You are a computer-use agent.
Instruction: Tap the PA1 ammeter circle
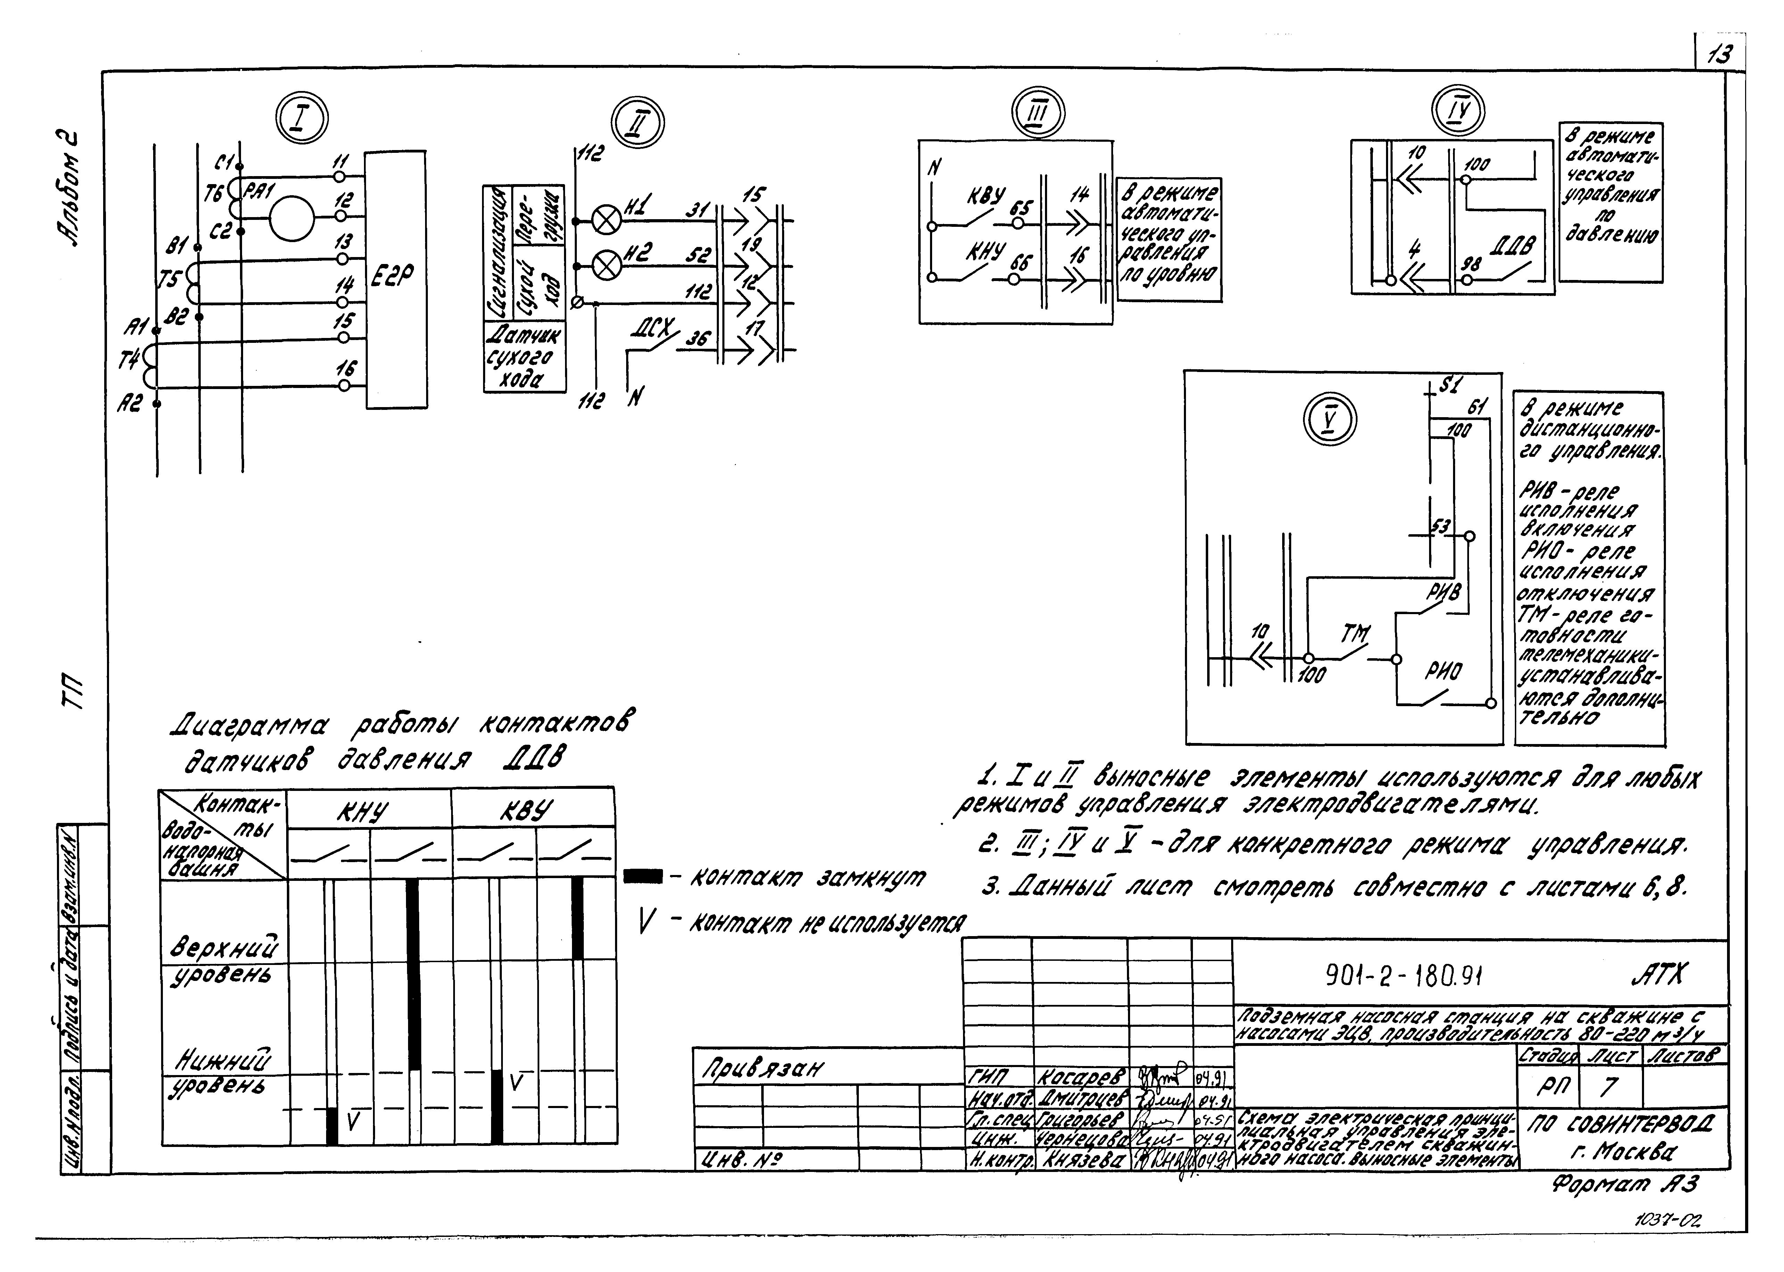[291, 217]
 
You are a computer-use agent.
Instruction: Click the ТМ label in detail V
[1355, 634]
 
